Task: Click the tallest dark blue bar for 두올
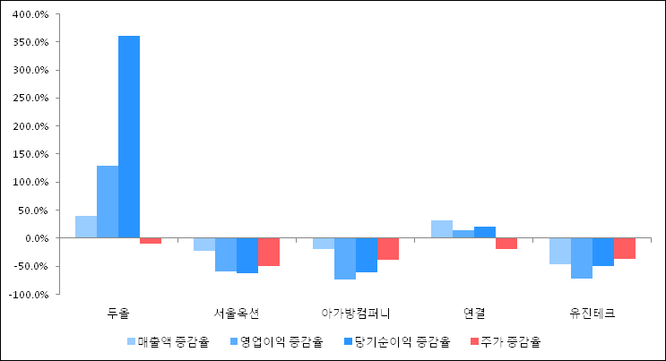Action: tap(129, 137)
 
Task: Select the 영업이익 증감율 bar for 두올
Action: tap(108, 202)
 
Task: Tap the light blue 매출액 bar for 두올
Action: tap(86, 227)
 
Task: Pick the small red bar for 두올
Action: tap(151, 241)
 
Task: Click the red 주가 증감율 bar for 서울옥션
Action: tap(269, 252)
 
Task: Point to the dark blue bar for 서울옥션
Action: tap(247, 255)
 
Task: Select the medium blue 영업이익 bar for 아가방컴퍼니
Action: tap(345, 259)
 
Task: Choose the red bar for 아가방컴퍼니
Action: tap(388, 249)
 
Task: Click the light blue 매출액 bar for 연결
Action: tap(442, 229)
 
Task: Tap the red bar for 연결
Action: tap(506, 244)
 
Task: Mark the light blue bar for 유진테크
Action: tap(560, 251)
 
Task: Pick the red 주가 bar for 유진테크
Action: tap(625, 248)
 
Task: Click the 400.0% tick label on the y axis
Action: tap(31, 14)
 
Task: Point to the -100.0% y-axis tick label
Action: tap(30, 295)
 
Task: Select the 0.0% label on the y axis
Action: tap(37, 238)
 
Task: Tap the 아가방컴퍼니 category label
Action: tap(356, 314)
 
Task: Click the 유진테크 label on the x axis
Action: tap(592, 314)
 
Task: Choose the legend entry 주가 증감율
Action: tap(506, 341)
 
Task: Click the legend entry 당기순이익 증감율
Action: tap(397, 341)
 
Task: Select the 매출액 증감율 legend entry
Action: tap(169, 341)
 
